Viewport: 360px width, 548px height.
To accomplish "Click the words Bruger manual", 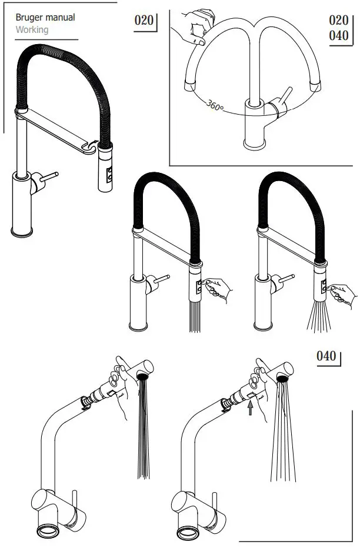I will click(45, 17).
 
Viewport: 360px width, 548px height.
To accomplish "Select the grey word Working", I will click(32, 29).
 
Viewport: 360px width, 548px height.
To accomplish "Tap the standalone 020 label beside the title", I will click(144, 21).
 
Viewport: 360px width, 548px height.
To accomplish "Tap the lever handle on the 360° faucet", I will click(284, 100).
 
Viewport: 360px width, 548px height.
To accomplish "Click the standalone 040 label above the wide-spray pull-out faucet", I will click(326, 356).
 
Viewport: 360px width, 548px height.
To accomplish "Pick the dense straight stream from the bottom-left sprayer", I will click(142, 435).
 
